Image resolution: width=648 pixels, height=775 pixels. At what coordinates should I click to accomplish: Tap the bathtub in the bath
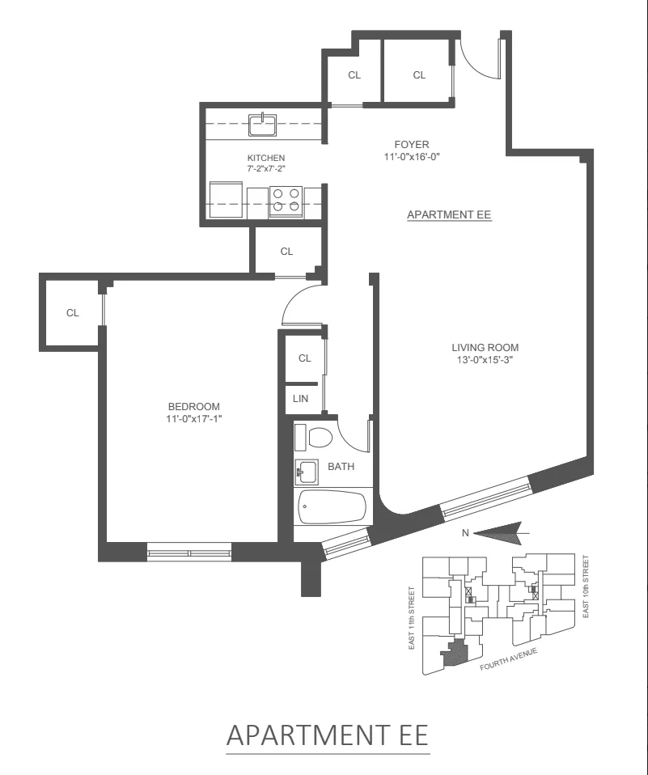point(332,508)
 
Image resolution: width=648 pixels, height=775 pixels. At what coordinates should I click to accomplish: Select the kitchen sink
point(263,125)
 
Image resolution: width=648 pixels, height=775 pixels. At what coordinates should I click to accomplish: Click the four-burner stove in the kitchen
point(286,200)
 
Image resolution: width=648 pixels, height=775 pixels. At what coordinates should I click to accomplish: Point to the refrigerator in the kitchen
point(226,199)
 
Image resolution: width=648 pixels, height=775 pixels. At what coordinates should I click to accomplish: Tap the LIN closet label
point(299,398)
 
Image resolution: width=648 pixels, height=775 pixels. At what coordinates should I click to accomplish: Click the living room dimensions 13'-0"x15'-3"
point(485,360)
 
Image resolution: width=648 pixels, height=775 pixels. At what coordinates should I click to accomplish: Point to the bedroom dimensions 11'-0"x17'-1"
point(193,418)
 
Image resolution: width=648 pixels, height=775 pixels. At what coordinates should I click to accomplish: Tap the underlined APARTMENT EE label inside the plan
point(449,215)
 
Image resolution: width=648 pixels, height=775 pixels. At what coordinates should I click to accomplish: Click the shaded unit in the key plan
point(455,652)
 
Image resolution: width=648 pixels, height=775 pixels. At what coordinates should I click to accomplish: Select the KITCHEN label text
point(266,158)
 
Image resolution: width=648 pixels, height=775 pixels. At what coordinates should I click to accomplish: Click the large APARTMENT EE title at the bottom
point(328,735)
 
